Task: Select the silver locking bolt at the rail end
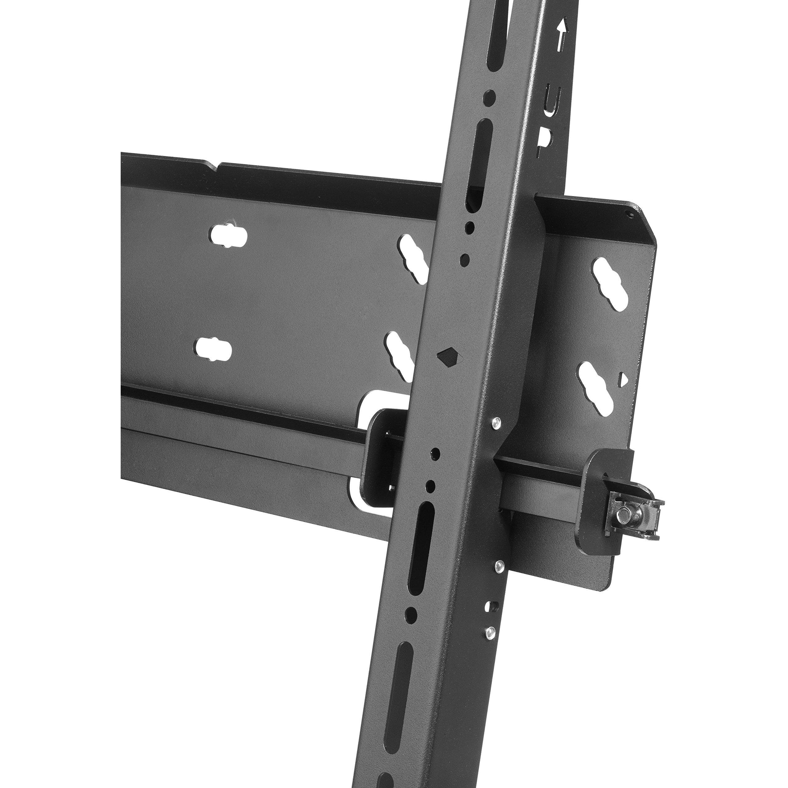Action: [x=624, y=516]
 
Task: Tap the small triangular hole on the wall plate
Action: [x=623, y=379]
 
